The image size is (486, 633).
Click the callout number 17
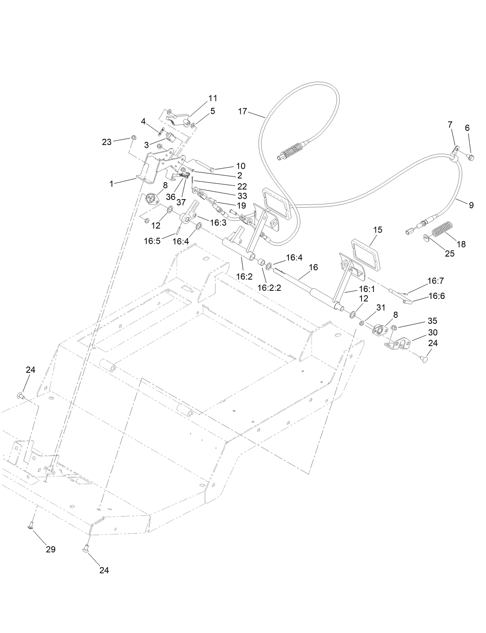pyautogui.click(x=243, y=111)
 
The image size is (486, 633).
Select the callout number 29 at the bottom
pyautogui.click(x=51, y=549)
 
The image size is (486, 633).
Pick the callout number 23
pyautogui.click(x=107, y=142)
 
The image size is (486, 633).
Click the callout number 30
pyautogui.click(x=433, y=333)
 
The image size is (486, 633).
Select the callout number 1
pyautogui.click(x=112, y=184)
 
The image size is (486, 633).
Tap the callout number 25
pyautogui.click(x=450, y=254)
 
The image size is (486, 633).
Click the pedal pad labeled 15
pyautogui.click(x=365, y=253)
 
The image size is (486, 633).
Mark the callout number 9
pyautogui.click(x=471, y=205)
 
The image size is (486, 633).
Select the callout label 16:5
pyautogui.click(x=152, y=241)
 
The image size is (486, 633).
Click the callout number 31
pyautogui.click(x=381, y=307)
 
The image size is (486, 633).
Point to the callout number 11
pyautogui.click(x=213, y=98)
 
